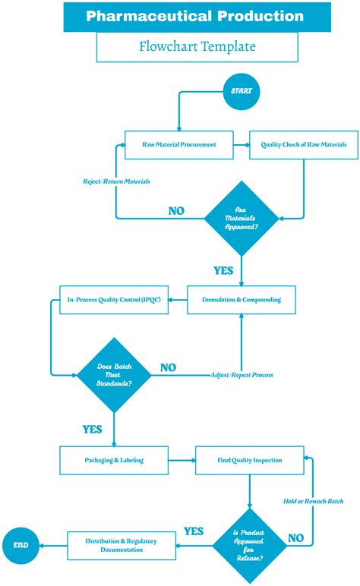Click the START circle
coord(241,91)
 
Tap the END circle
coord(20,544)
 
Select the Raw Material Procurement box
coord(179,144)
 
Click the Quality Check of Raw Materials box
coord(304,144)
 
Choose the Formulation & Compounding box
coord(242,299)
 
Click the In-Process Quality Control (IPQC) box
coord(113,299)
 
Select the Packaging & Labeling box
coord(113,460)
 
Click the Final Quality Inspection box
coord(249,460)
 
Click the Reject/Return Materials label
coord(116,181)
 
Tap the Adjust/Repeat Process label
coord(242,375)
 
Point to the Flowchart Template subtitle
coord(196,46)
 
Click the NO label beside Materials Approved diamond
coord(176,211)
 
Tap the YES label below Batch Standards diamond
coord(92,429)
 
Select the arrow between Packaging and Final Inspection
coord(181,460)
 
